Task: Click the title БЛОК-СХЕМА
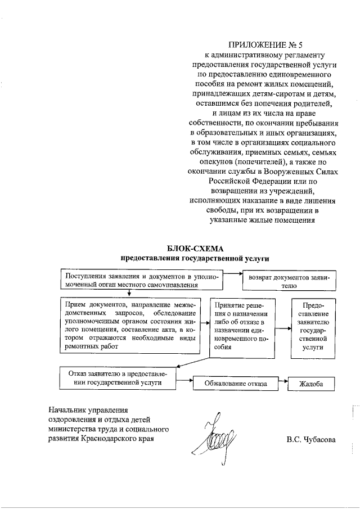[195, 249]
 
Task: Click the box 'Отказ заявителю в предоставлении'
[118, 377]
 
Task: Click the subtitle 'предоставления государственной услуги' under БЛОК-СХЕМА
[195, 259]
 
